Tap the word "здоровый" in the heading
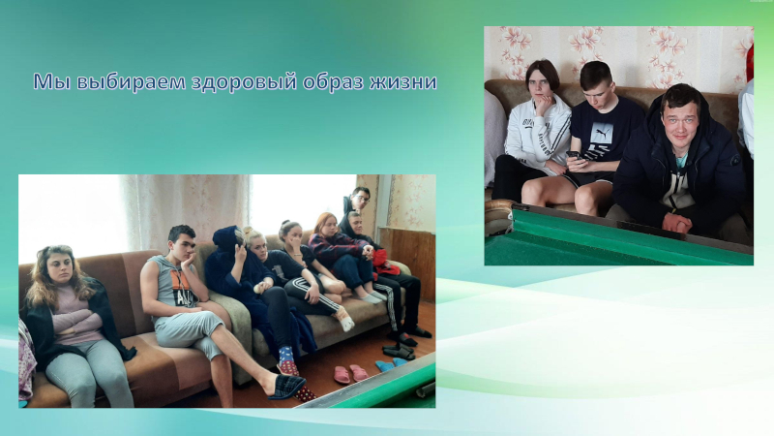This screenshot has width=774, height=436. point(245,82)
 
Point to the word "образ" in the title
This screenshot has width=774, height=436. point(333,82)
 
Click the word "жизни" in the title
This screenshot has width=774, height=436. point(402,82)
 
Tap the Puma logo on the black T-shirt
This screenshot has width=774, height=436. point(602,133)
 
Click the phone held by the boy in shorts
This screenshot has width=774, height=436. point(573,155)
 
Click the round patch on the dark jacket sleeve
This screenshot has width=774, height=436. point(735,161)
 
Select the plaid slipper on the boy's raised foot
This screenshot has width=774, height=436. point(286,387)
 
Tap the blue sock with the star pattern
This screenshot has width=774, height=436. point(286,356)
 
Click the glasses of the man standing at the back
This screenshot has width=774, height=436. point(362,199)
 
